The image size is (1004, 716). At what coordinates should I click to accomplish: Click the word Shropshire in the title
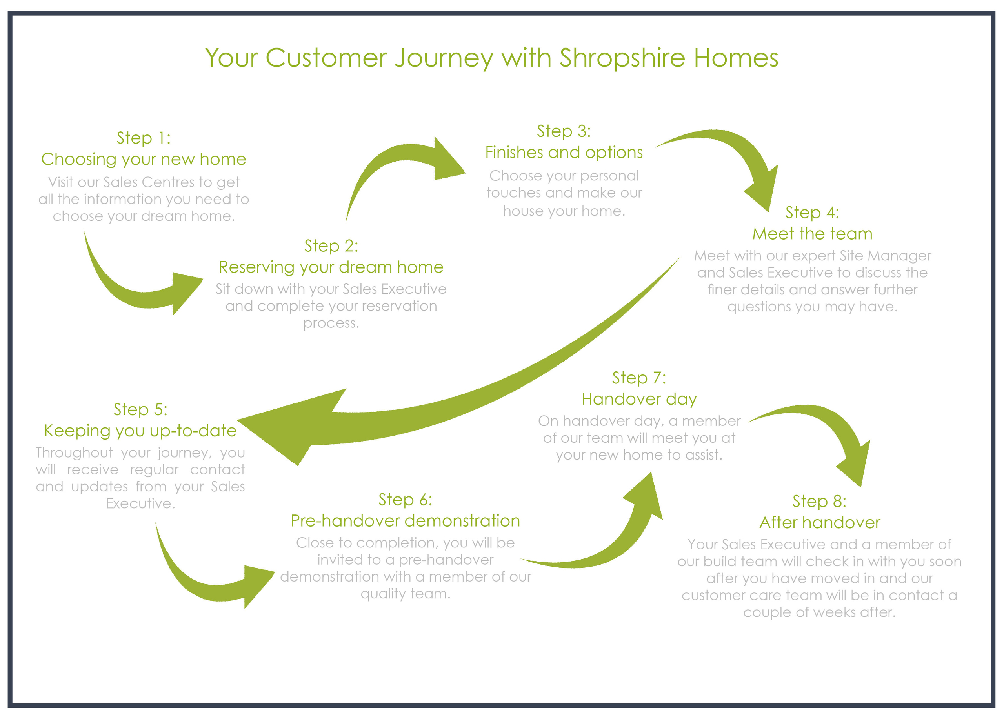[x=622, y=58]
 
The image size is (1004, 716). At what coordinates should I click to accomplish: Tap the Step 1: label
[x=143, y=138]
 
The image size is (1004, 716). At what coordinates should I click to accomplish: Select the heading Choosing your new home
[x=143, y=159]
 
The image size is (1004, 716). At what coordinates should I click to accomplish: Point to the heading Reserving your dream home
[x=331, y=267]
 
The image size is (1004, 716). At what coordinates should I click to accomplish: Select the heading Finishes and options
[x=564, y=153]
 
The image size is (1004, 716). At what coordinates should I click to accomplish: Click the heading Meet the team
[x=812, y=234]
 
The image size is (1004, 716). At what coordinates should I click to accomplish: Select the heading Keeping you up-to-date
[x=140, y=431]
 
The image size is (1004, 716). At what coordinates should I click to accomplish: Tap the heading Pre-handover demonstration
[x=405, y=521]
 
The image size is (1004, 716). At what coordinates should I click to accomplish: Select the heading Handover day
[x=639, y=399]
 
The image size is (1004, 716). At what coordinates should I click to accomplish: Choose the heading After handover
[x=819, y=522]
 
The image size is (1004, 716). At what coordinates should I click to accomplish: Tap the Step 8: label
[x=819, y=501]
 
